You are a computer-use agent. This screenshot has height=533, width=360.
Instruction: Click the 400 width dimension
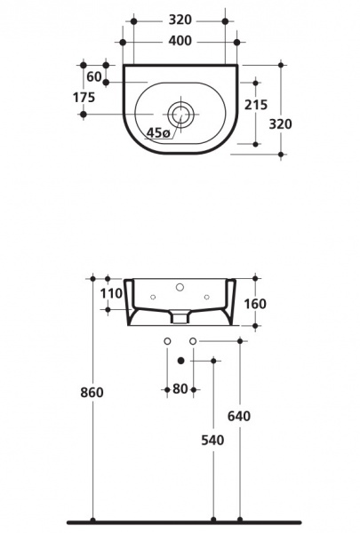coord(180,41)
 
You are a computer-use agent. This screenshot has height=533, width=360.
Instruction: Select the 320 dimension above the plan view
coord(180,20)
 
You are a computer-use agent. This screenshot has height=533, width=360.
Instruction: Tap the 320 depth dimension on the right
coord(280,124)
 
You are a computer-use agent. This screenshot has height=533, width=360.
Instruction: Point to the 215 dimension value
coord(256,105)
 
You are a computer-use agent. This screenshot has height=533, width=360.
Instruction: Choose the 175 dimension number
coord(84,98)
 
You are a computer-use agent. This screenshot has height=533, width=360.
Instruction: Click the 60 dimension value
coord(94,77)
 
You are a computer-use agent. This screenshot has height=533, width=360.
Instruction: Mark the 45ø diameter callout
coord(158,132)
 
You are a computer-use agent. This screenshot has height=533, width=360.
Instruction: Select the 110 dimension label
coord(111,293)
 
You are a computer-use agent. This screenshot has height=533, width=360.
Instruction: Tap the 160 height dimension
coord(255,304)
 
